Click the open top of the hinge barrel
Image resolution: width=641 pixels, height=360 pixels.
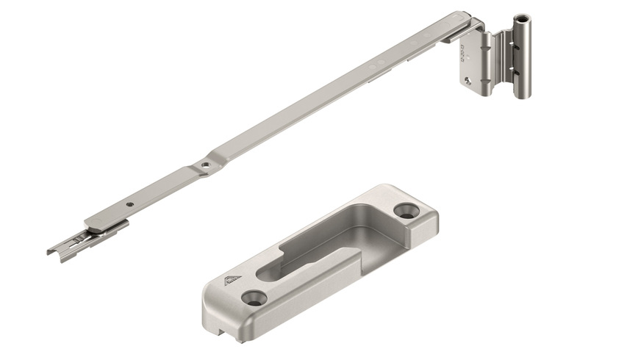click(523, 18)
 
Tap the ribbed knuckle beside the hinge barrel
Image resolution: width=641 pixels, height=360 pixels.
click(502, 62)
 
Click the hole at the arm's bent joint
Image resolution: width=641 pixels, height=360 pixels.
click(207, 164)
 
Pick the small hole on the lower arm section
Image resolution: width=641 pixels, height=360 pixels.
click(130, 204)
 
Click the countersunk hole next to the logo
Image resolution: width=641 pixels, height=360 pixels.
click(254, 297)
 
